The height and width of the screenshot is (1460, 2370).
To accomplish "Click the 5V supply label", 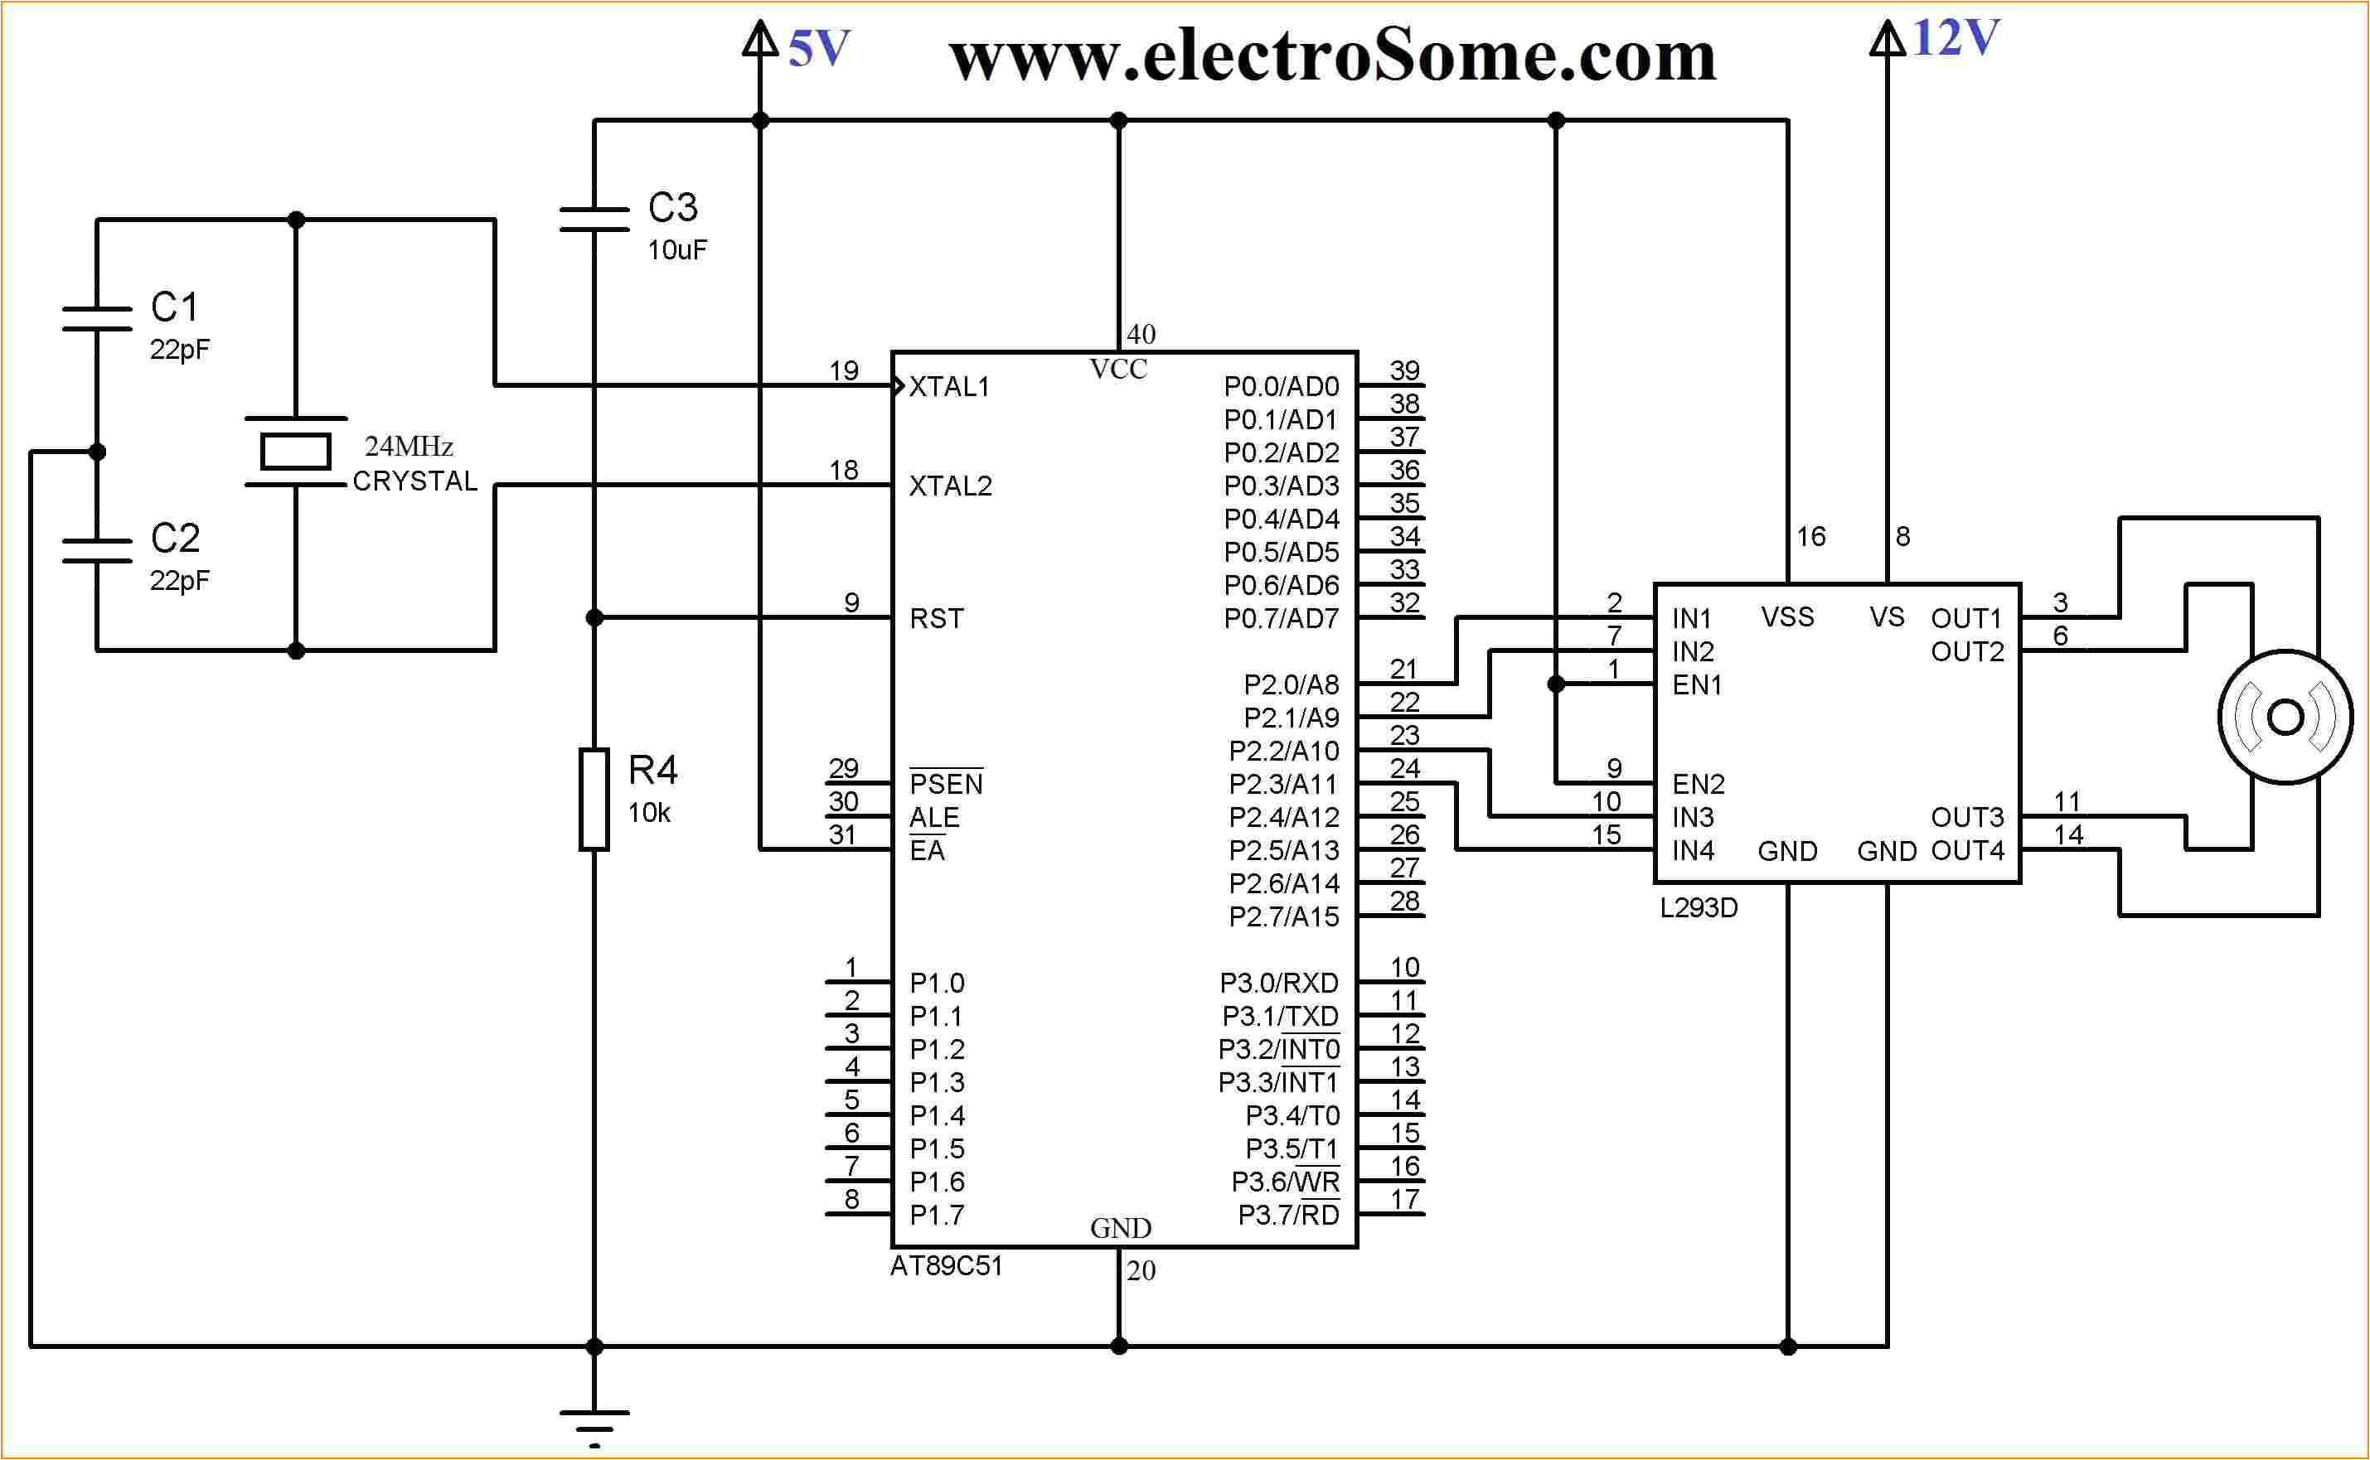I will point(818,49).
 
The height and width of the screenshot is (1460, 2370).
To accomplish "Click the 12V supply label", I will point(1955,40).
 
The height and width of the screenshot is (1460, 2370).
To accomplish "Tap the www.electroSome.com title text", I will point(1332,56).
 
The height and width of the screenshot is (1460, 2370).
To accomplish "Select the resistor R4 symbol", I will point(594,800).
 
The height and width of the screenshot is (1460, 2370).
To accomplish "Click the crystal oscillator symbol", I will point(296,452).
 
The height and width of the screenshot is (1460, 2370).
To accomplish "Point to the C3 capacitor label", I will point(672,208).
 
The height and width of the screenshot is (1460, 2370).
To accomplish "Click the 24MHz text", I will point(409,446).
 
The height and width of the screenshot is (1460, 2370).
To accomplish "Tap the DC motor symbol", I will point(2284,718).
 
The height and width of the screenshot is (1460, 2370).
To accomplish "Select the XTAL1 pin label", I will point(949,387).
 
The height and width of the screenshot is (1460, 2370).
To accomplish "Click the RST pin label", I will point(936,619).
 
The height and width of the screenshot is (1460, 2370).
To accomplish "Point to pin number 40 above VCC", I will point(1141,334).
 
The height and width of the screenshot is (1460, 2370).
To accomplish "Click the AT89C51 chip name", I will point(946,1266).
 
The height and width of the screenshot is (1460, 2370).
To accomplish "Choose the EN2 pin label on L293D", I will point(1698,784).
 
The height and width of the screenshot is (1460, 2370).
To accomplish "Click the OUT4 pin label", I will point(1967,851).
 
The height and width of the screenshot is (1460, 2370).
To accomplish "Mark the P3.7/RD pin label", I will point(1288,1215).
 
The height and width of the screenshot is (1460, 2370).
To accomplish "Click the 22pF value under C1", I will point(179,350).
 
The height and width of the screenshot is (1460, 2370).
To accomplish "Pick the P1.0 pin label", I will point(936,983).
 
